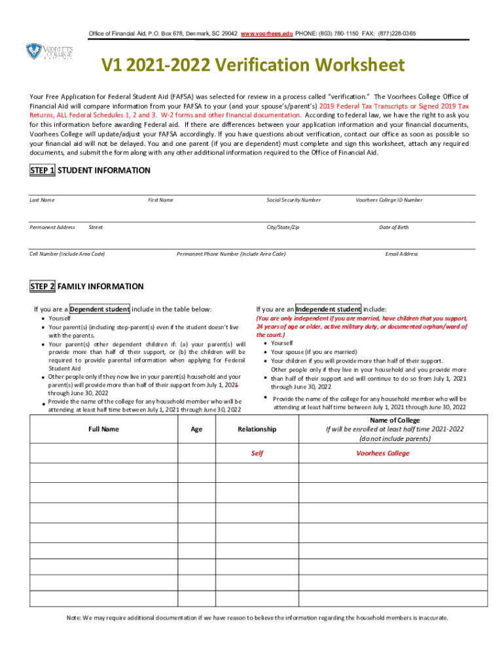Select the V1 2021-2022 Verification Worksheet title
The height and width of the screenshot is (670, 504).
pos(252,65)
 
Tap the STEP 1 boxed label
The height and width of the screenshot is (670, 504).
pos(43,171)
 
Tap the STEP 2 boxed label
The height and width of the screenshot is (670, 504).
pos(43,287)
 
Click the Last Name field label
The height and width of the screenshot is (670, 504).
pos(42,200)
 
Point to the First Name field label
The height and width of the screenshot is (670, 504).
pos(160,200)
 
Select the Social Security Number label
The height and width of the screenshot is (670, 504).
pos(293,200)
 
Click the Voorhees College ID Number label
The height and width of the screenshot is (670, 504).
pos(389,200)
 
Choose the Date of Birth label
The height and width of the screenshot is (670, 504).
pos(393,227)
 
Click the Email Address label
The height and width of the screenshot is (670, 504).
pos(401,254)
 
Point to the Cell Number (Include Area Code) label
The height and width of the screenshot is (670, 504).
pos(67,254)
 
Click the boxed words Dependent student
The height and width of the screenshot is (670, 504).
pos(99,309)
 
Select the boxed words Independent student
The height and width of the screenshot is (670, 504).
pos(328,309)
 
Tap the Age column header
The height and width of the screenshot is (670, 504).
pos(196,429)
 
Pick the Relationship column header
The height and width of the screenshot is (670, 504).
pos(257,429)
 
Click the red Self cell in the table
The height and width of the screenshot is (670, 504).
pos(257,453)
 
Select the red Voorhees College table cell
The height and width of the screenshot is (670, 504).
pos(383,453)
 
